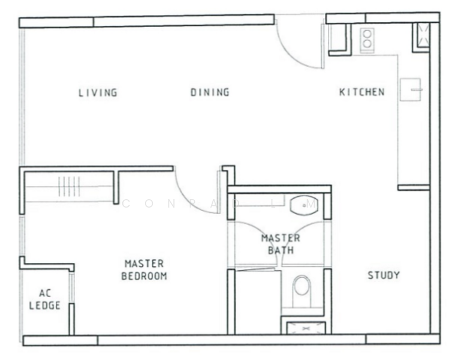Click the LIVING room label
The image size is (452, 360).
coord(98,92)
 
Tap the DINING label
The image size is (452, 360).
coord(210,92)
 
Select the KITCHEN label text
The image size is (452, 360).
coord(361,92)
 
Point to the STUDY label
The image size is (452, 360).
coord(384,275)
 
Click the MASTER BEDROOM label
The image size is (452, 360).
coord(144,270)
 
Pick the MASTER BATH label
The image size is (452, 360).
coord(281,244)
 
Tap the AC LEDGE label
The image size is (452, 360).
coord(45,299)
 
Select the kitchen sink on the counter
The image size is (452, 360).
coord(410,89)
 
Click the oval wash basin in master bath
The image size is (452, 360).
coord(304,205)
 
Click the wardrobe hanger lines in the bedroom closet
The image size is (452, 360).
coord(69,187)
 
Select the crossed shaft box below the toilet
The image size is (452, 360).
coord(306,328)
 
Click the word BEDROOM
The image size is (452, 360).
coord(144,276)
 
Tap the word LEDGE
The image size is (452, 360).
coord(45,305)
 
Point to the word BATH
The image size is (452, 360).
coord(281,250)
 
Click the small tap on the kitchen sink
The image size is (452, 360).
coord(417,90)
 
